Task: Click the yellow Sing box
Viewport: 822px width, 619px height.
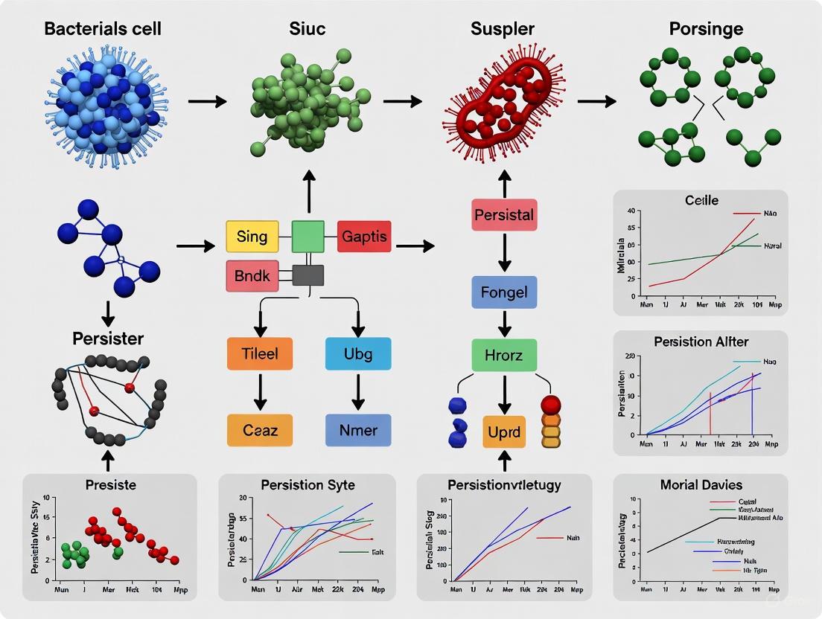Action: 252,237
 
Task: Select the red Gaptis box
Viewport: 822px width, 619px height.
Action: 364,237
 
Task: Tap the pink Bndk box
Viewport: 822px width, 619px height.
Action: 252,275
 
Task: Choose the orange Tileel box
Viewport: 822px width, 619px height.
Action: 260,353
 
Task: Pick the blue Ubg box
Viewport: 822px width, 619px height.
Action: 358,353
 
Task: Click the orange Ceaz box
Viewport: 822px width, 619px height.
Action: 260,430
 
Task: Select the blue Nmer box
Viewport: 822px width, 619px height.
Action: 358,430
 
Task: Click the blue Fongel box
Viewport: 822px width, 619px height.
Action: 504,292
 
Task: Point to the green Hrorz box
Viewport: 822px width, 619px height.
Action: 504,355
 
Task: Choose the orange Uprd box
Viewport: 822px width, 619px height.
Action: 504,432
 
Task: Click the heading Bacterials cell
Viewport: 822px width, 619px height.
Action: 102,30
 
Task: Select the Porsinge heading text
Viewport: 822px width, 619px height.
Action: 705,30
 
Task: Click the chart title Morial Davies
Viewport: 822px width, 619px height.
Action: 701,485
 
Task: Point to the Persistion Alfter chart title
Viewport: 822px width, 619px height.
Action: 701,341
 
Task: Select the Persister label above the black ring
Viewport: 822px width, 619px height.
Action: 107,338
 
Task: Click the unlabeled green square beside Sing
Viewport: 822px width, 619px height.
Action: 308,237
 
